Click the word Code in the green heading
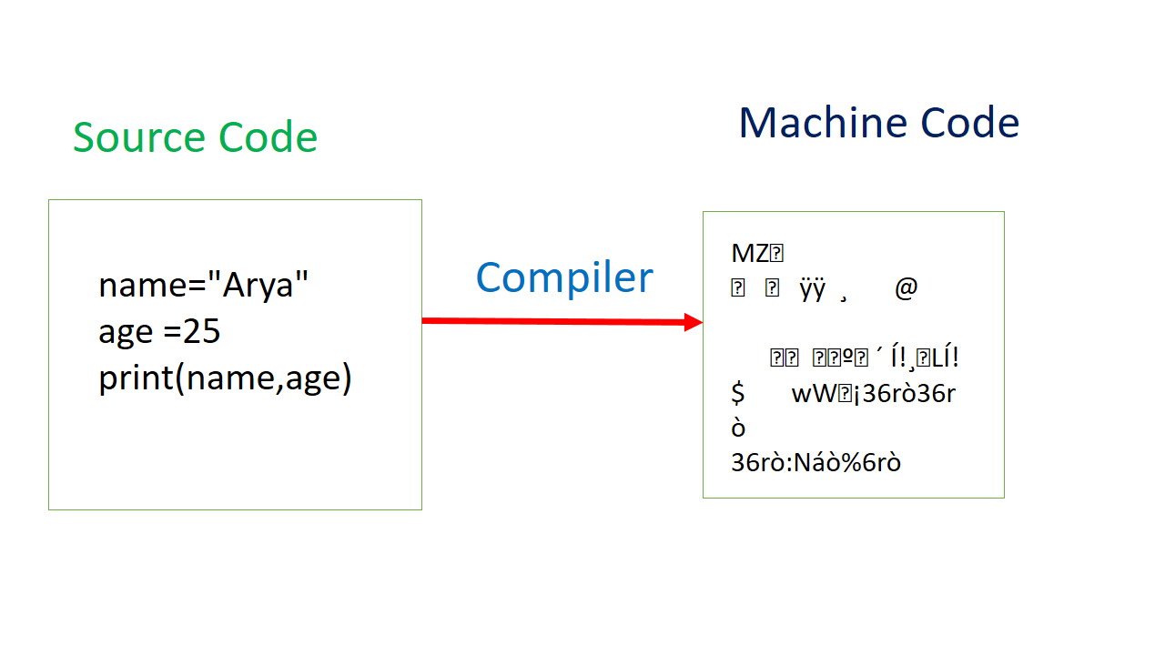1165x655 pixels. point(268,137)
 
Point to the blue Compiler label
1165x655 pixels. point(564,277)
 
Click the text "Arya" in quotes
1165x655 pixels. point(259,285)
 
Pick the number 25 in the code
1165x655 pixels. point(202,332)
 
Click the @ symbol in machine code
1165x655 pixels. point(906,289)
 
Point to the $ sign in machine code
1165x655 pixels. point(738,394)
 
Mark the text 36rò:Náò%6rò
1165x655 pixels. point(815,463)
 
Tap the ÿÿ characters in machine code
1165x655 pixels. point(812,289)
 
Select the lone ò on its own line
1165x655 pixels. point(738,428)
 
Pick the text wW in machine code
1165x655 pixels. point(809,394)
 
